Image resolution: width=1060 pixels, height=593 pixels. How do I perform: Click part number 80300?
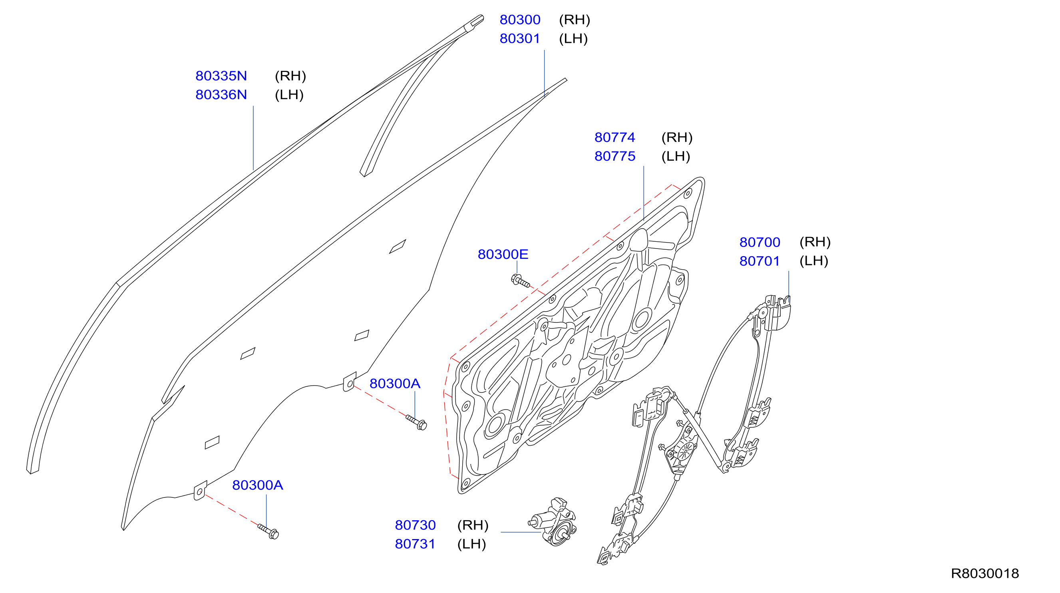[x=520, y=20]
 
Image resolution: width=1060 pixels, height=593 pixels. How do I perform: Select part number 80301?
[x=520, y=39]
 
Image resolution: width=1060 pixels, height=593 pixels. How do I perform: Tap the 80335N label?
[x=221, y=76]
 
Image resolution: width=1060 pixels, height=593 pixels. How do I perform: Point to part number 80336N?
[x=221, y=95]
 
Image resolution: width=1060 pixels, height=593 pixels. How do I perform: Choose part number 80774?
[x=615, y=137]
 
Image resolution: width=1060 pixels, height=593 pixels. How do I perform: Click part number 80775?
[x=615, y=156]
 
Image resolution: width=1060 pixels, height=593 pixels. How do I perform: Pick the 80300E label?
[x=503, y=254]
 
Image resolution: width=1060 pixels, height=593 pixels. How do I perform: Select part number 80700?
[x=760, y=242]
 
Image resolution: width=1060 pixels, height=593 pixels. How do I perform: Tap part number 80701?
[x=760, y=261]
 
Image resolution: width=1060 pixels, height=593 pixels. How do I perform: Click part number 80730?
[x=415, y=525]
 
